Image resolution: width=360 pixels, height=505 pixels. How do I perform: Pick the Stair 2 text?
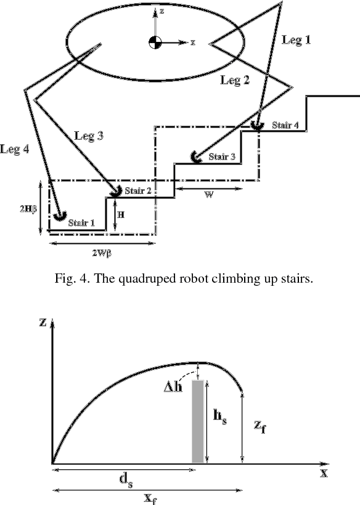tap(139, 190)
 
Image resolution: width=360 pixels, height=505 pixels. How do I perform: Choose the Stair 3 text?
tap(222, 156)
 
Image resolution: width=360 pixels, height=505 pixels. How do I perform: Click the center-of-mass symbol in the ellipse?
tap(154, 42)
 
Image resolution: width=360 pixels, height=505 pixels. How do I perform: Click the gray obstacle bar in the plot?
tap(197, 421)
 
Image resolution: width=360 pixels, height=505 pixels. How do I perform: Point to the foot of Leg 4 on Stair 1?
tap(60, 214)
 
